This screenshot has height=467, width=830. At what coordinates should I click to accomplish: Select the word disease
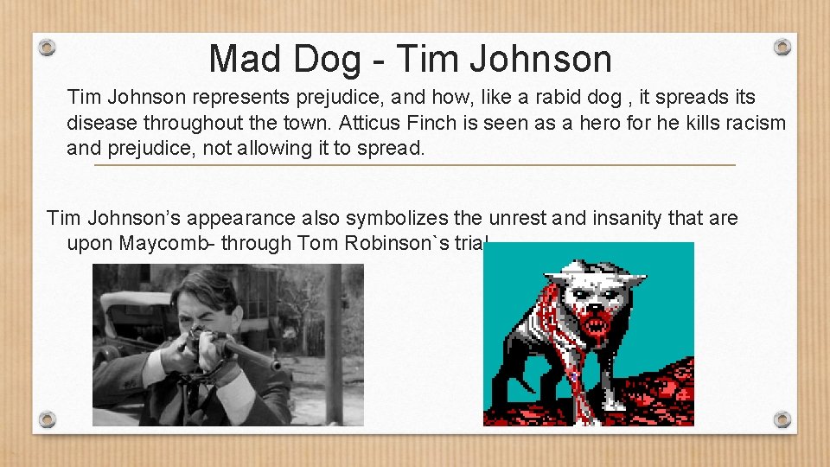pyautogui.click(x=102, y=123)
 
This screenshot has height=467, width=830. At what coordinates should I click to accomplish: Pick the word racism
pyautogui.click(x=753, y=123)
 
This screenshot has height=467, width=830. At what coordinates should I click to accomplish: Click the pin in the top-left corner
pyautogui.click(x=48, y=47)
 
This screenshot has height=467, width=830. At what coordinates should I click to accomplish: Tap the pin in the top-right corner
pyautogui.click(x=782, y=47)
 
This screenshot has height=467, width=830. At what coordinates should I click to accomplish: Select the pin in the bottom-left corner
pyautogui.click(x=48, y=419)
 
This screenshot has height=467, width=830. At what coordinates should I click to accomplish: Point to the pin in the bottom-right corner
pyautogui.click(x=782, y=419)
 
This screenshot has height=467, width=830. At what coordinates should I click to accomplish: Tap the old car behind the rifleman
pyautogui.click(x=130, y=320)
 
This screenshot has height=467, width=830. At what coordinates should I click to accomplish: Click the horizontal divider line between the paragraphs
pyautogui.click(x=415, y=164)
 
